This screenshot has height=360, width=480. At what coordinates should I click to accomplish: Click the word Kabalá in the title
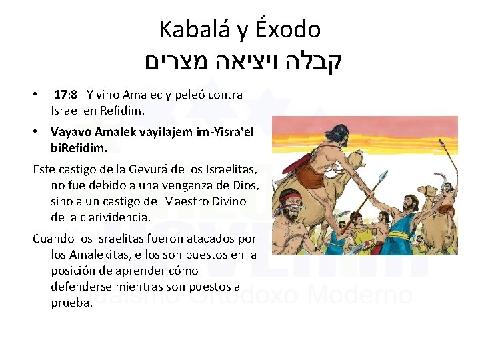coord(189,29)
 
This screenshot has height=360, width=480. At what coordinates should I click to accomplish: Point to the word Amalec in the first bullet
coord(137,95)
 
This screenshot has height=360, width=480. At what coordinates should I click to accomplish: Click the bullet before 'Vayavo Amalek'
coord(37,131)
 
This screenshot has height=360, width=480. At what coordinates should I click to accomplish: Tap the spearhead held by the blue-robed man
coord(383,177)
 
